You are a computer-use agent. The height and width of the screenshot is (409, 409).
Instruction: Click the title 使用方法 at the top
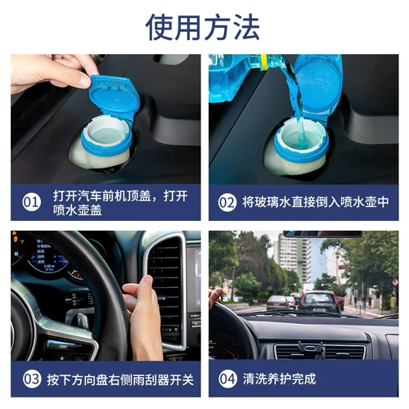pyautogui.click(x=203, y=27)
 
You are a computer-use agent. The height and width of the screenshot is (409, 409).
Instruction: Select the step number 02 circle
pyautogui.click(x=227, y=201)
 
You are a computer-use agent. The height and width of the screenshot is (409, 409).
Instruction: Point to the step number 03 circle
pyautogui.click(x=31, y=379)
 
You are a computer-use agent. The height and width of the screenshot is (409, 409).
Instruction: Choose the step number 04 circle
pyautogui.click(x=227, y=379)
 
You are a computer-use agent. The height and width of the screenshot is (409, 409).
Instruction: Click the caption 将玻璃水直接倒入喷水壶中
pyautogui.click(x=315, y=201)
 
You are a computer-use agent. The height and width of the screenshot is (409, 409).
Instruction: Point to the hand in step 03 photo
pyautogui.click(x=145, y=315)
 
